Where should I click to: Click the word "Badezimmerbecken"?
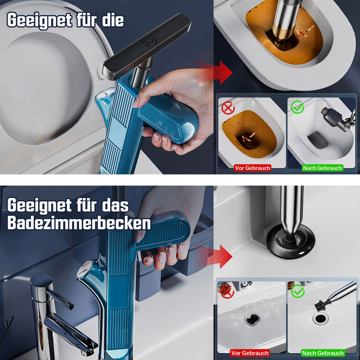pyautogui.click(x=79, y=223)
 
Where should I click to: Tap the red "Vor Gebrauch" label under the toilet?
pyautogui.click(x=252, y=168)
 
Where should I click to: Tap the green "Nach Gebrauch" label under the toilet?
pyautogui.click(x=323, y=168)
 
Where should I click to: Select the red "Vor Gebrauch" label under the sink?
pyautogui.click(x=250, y=353)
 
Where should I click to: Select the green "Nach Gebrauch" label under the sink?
pyautogui.click(x=323, y=353)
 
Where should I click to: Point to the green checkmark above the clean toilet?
pyautogui.click(x=297, y=108)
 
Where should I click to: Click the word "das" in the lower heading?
pyautogui.click(x=114, y=206)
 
